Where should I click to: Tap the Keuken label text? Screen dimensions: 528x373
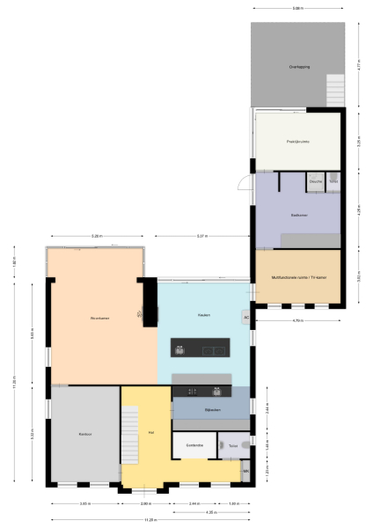pyautogui.click(x=203, y=314)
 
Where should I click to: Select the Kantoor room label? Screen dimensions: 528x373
pyautogui.click(x=85, y=434)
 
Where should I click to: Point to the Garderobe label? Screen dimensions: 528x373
pyautogui.click(x=194, y=446)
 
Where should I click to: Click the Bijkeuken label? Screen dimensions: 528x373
pyautogui.click(x=211, y=410)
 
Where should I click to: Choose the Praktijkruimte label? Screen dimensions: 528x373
pyautogui.click(x=297, y=140)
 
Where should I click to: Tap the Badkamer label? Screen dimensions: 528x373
pyautogui.click(x=297, y=214)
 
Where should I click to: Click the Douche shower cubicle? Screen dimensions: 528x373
pyautogui.click(x=315, y=181)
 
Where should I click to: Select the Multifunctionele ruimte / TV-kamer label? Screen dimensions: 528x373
pyautogui.click(x=297, y=277)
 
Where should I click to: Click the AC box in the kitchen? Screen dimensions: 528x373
pyautogui.click(x=245, y=317)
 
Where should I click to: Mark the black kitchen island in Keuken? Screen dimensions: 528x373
pyautogui.click(x=201, y=348)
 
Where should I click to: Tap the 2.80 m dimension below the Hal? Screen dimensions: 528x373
pyautogui.click(x=146, y=504)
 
